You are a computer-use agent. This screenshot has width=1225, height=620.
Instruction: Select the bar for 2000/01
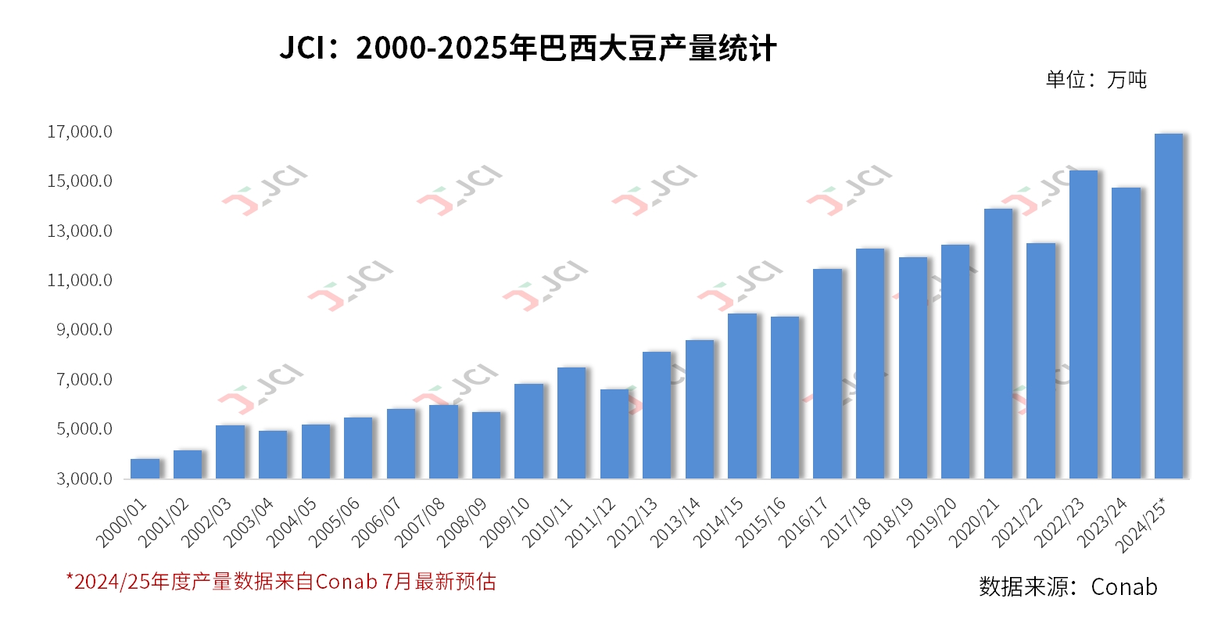pos(145,468)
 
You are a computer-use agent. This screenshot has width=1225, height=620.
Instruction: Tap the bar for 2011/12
pos(614,434)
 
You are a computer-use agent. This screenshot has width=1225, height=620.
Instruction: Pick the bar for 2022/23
pos(1083,324)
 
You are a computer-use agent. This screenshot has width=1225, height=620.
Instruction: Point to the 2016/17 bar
pos(827,374)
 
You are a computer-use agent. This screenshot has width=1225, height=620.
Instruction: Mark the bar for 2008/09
pos(486,445)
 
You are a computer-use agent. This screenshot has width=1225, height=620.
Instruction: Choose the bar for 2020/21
pos(998,343)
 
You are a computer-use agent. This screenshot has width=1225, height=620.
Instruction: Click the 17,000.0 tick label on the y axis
pos(80,132)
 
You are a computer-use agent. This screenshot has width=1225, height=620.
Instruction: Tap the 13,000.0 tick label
pos(80,231)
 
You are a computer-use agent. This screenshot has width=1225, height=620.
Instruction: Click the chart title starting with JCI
pos(528,48)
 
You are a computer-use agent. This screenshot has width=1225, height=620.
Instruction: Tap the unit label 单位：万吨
pos(1096,80)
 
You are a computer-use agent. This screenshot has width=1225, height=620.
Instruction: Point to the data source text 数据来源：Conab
pos(1067,586)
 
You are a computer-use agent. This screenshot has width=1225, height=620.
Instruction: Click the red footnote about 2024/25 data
pos(281,582)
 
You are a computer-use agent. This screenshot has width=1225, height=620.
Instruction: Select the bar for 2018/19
pos(912,367)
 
